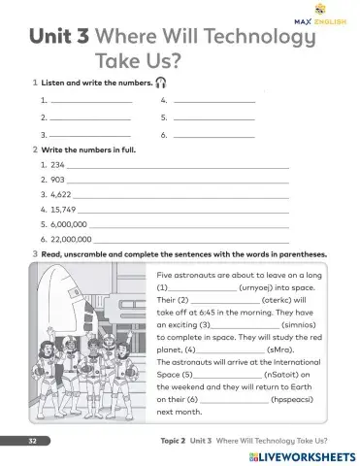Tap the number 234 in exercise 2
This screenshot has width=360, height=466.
[x=57, y=165]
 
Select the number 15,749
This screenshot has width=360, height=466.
[x=62, y=209]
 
